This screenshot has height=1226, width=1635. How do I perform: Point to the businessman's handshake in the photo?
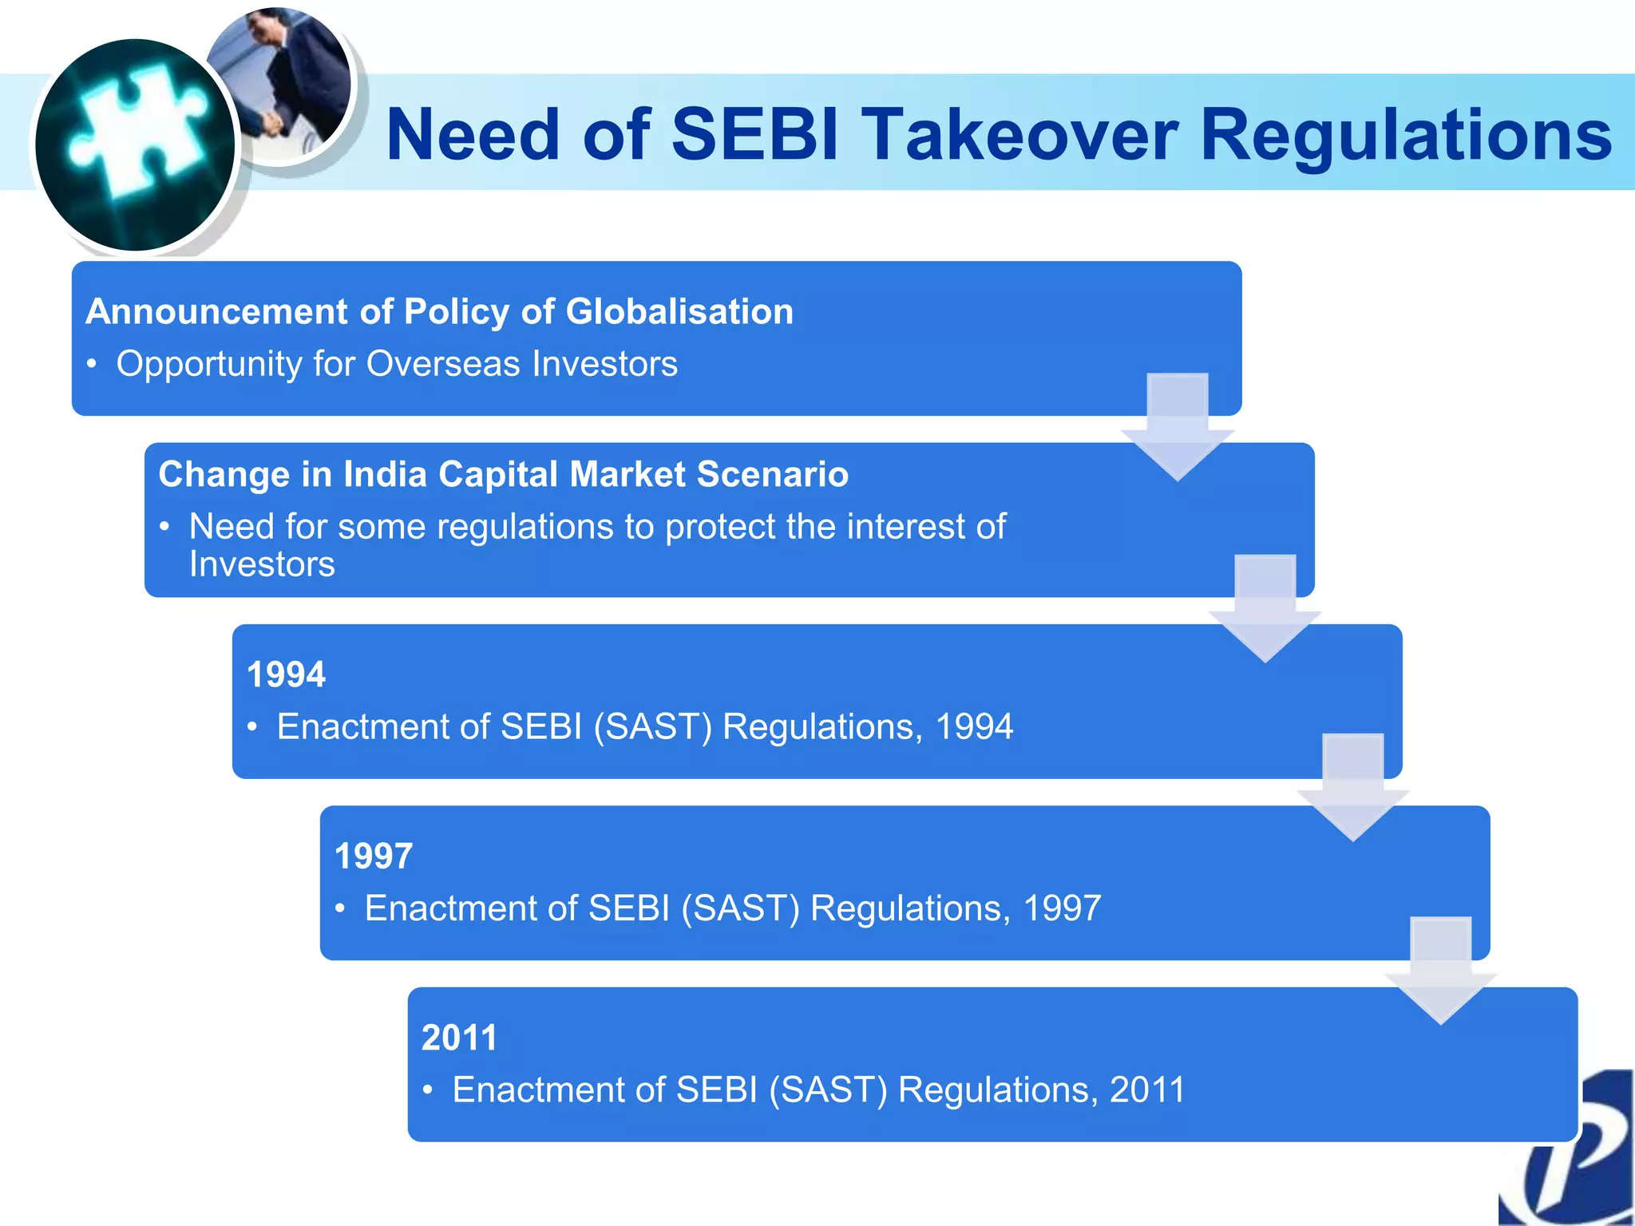[x=271, y=124]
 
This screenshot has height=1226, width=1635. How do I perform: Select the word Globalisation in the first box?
[x=679, y=311]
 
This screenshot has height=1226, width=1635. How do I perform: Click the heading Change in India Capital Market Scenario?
[x=503, y=474]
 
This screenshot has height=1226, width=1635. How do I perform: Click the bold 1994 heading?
[x=286, y=675]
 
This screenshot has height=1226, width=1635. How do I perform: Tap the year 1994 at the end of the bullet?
[x=974, y=727]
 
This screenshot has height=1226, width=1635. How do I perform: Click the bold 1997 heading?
[x=374, y=856]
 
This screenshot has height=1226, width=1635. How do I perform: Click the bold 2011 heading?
[x=459, y=1038]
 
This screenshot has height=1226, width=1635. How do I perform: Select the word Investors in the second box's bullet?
[x=262, y=565]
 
